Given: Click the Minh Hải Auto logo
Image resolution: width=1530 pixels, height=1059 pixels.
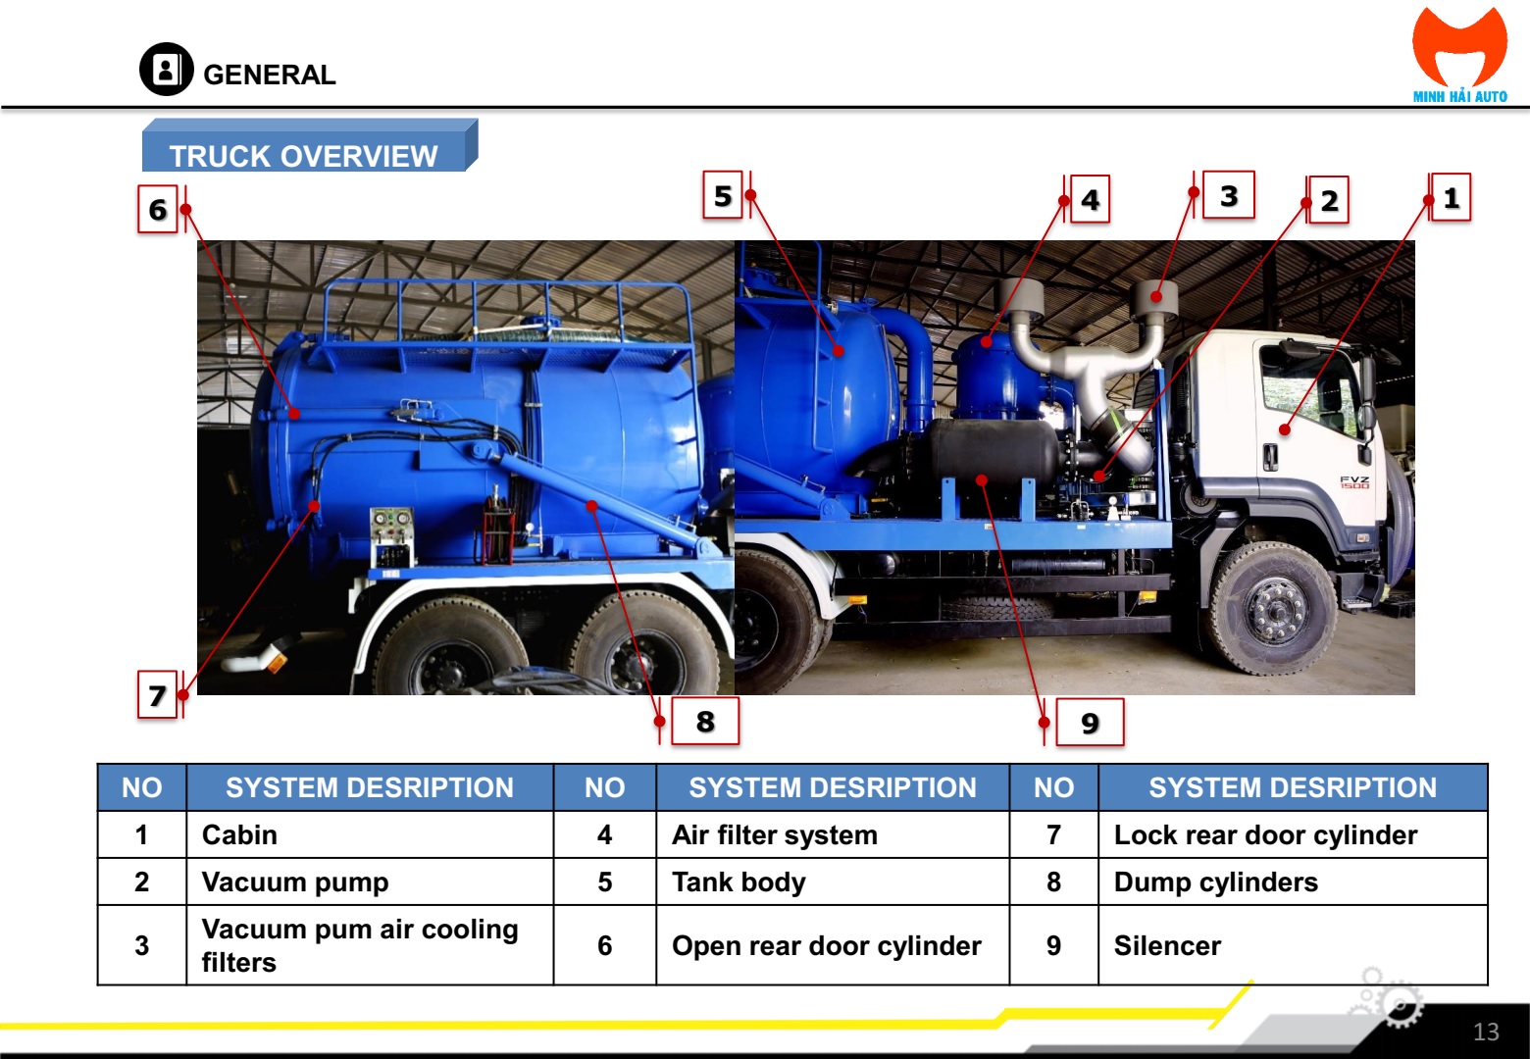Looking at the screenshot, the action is (x=1459, y=55).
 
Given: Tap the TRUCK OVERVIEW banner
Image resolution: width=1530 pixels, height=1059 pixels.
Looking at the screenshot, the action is (x=309, y=145).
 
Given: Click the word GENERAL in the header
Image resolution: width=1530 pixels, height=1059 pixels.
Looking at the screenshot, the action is (x=269, y=76).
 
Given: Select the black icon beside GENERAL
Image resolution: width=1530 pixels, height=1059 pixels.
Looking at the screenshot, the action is (x=166, y=69).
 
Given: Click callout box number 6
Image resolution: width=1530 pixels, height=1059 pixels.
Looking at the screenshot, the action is (x=158, y=209).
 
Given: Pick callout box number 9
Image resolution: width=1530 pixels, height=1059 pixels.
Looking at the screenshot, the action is (x=1090, y=723).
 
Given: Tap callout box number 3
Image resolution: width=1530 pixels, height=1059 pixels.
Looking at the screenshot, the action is (x=1228, y=195).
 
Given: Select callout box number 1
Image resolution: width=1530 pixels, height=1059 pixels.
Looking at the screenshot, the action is (x=1451, y=197).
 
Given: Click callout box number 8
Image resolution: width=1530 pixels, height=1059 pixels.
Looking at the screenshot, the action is (x=705, y=721).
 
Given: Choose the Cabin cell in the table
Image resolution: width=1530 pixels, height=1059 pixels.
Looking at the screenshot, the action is (x=370, y=834).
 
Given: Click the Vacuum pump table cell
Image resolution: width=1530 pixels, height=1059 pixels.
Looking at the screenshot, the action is (x=370, y=882).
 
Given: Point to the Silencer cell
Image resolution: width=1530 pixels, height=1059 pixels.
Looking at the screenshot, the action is (x=1293, y=945).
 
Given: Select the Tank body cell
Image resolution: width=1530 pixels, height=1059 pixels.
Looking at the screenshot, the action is (x=833, y=882).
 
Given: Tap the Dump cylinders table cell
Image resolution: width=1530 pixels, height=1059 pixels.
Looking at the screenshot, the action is (x=1293, y=882).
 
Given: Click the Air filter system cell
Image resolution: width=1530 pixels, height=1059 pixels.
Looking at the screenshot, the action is (x=833, y=834).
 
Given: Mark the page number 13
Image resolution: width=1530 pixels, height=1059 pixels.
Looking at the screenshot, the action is (x=1486, y=1031).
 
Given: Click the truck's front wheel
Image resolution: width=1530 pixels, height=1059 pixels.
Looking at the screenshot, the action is (x=1274, y=608).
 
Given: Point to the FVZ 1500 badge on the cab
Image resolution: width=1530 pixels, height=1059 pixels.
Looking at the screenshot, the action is (x=1353, y=482).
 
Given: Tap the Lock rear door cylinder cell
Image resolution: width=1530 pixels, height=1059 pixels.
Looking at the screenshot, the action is (x=1293, y=834).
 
